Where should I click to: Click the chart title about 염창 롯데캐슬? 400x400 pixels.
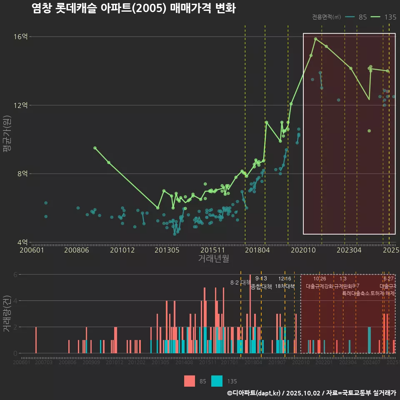pos(134,8)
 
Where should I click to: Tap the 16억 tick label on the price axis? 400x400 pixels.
pos(21,37)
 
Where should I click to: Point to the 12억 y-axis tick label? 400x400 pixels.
pos(21,105)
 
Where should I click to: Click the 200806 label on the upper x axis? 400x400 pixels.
pos(77,250)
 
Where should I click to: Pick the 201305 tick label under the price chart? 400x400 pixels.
pos(167,250)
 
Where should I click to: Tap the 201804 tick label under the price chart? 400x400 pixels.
pos(257,250)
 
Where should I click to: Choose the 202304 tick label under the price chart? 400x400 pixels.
pos(348,250)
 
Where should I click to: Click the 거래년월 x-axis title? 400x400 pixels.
pos(213,259)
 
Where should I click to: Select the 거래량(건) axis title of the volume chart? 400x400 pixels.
pos(7,314)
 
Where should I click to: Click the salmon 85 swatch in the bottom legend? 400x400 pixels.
pos(190,381)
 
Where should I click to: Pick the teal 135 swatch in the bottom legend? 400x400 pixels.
pos(217,381)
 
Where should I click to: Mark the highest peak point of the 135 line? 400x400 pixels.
pos(316,39)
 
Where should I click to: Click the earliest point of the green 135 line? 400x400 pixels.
pos(95,148)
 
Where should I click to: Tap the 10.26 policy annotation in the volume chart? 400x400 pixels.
pos(320,279)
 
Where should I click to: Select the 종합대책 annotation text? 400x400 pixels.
pos(261,287)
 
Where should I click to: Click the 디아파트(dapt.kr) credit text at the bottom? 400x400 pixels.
pos(254,393)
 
